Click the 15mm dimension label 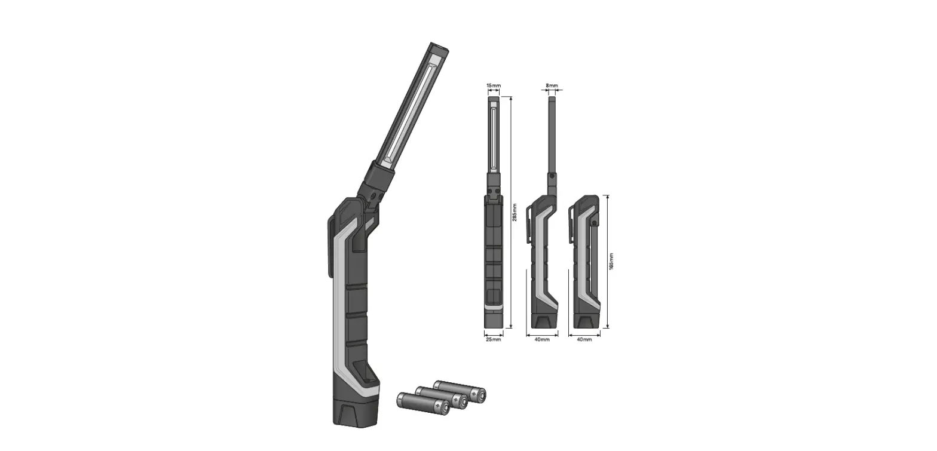coord(493,86)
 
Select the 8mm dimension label coord(552,86)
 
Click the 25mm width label coord(493,339)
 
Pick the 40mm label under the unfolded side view coord(541,339)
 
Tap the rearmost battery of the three coord(460,390)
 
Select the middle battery coord(442,397)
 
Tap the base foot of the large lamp coord(355,412)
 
